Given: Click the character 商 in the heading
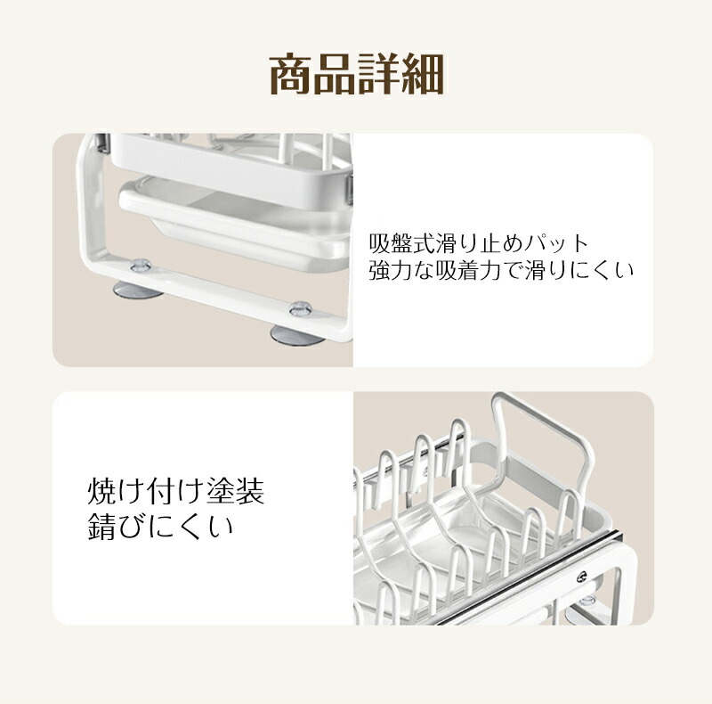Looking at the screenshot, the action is pyautogui.click(x=291, y=74).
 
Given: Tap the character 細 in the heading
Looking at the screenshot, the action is pyautogui.click(x=422, y=74).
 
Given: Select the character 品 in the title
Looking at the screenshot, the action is pyautogui.click(x=335, y=74).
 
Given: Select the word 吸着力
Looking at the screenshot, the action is pyautogui.click(x=468, y=271).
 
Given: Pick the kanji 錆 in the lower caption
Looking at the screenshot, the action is pyautogui.click(x=101, y=526).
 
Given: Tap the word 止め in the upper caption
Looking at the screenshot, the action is pyautogui.click(x=501, y=244).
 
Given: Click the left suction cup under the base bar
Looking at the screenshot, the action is pyautogui.click(x=138, y=291).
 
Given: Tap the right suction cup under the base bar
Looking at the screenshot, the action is pyautogui.click(x=297, y=335).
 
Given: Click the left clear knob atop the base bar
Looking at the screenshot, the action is pyautogui.click(x=141, y=266).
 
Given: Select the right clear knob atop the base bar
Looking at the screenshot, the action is pyautogui.click(x=301, y=309).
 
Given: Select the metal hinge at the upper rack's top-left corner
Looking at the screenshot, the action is pyautogui.click(x=102, y=143).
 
